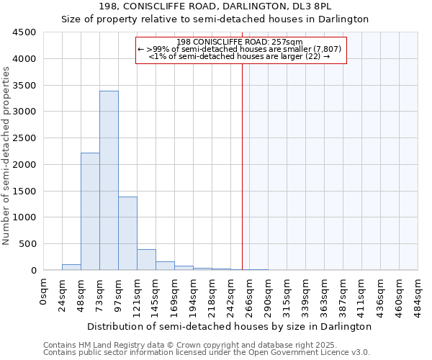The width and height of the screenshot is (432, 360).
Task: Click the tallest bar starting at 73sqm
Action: pyautogui.click(x=109, y=180)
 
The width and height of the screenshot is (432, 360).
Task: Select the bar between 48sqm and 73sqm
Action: pyautogui.click(x=90, y=212)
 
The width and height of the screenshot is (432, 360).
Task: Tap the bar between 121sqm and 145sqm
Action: pyautogui.click(x=146, y=260)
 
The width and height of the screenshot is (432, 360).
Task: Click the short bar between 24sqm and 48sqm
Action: pyautogui.click(x=71, y=267)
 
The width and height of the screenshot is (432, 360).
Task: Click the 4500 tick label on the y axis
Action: pyautogui.click(x=24, y=32)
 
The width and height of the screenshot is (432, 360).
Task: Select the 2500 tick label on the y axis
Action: pyautogui.click(x=24, y=138)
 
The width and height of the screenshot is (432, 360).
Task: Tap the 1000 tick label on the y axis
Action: pyautogui.click(x=24, y=217)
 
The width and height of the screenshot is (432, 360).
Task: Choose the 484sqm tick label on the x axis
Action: pyautogui.click(x=418, y=293)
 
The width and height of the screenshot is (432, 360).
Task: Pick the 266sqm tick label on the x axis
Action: pyautogui.click(x=250, y=293)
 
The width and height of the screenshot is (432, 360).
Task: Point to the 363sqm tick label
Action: pyautogui.click(x=325, y=293)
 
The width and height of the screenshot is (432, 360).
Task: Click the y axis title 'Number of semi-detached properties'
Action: pyautogui.click(x=6, y=156)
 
